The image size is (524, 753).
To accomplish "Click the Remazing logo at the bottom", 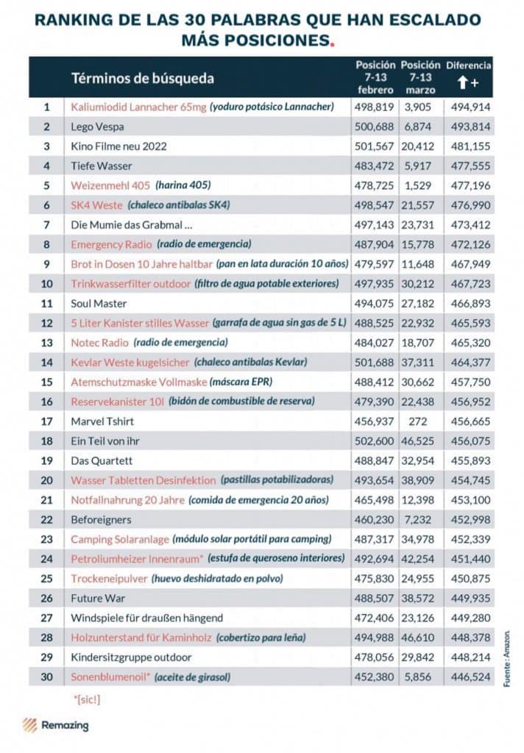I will pyautogui.click(x=55, y=725).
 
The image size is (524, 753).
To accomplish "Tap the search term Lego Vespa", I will pyautogui.click(x=97, y=126).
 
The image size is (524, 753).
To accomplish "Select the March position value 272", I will pyautogui.click(x=419, y=421).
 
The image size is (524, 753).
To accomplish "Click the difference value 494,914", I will pyautogui.click(x=470, y=107).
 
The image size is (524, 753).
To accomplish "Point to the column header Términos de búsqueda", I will pyautogui.click(x=142, y=78).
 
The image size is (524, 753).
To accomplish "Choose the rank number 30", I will pyautogui.click(x=47, y=677).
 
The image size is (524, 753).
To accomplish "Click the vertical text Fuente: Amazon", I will pyautogui.click(x=507, y=657).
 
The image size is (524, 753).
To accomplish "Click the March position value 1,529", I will pyautogui.click(x=419, y=185).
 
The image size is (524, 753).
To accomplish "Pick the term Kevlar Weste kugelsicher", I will pyautogui.click(x=129, y=362).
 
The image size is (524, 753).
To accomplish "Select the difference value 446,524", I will pyautogui.click(x=470, y=677).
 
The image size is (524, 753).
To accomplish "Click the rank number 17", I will pyautogui.click(x=47, y=421).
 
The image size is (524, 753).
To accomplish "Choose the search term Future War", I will pyautogui.click(x=97, y=598).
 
